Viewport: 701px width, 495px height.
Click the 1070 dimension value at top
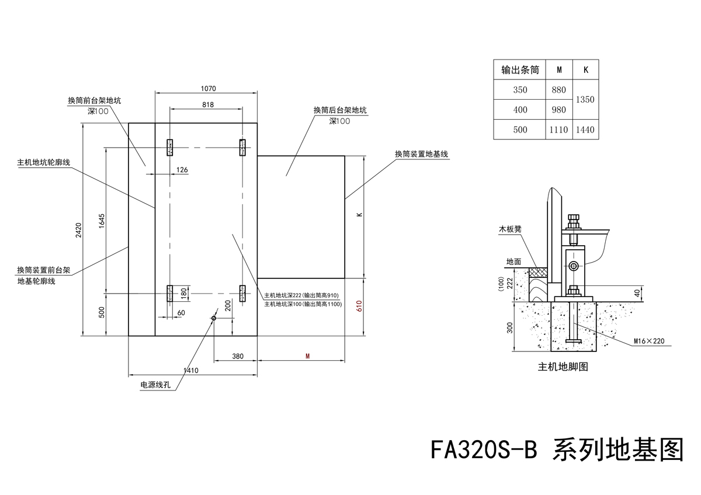(x=208, y=89)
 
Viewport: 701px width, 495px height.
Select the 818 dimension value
(x=207, y=104)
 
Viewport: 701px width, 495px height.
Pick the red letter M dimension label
(x=307, y=355)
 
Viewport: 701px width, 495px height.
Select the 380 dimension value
(x=237, y=355)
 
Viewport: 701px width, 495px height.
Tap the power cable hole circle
(x=214, y=318)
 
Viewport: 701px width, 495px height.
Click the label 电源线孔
(x=155, y=385)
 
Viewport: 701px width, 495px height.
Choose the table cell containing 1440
(x=585, y=130)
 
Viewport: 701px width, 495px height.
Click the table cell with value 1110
(x=558, y=130)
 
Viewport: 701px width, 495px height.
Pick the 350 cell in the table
(x=520, y=90)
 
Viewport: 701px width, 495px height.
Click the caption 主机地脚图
(x=563, y=368)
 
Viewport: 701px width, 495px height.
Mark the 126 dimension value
(x=182, y=170)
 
